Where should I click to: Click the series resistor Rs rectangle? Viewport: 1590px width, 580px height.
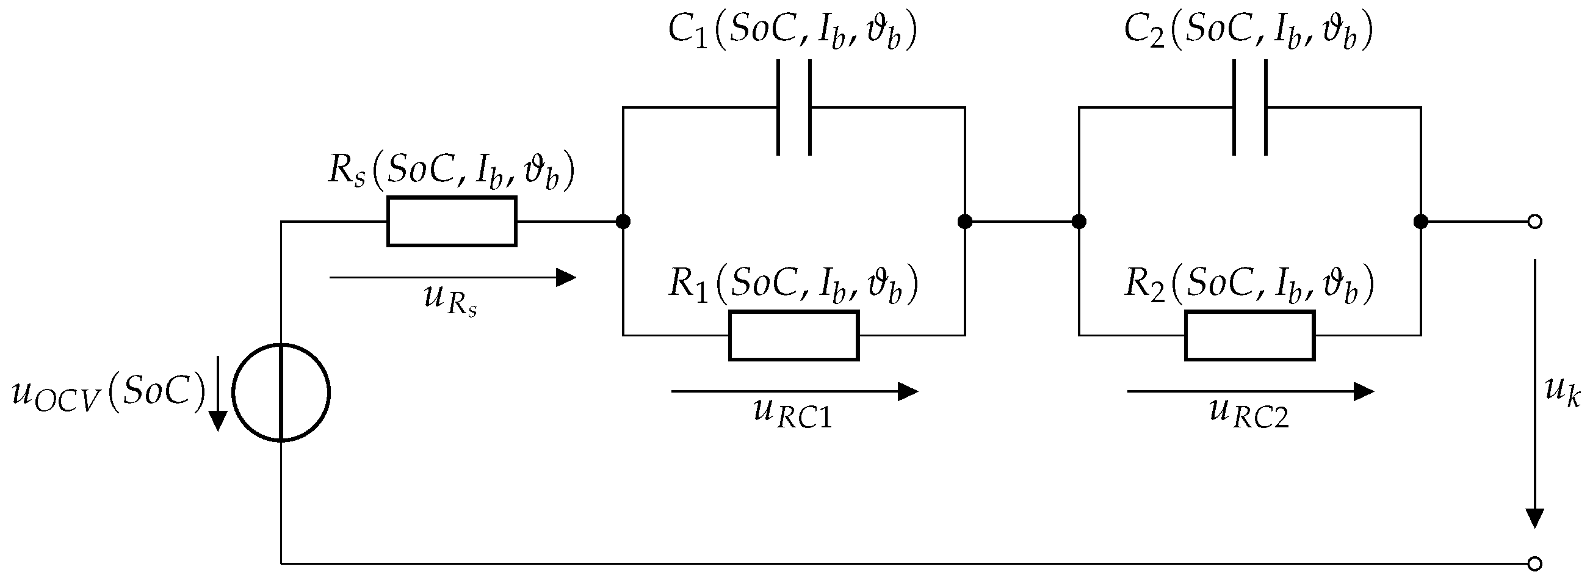[452, 222]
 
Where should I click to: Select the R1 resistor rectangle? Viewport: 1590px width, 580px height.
[793, 335]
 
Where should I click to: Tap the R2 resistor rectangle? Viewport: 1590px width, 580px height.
[1250, 335]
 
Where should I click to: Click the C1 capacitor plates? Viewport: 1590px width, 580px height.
[793, 107]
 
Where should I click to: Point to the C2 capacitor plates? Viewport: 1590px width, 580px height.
[1250, 107]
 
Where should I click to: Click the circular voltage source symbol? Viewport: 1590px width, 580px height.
[281, 393]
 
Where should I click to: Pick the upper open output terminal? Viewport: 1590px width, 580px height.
[1535, 222]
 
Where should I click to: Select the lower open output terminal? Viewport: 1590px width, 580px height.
[1535, 564]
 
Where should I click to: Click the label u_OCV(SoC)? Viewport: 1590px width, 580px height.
[108, 393]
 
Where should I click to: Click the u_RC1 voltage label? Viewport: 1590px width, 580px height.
[793, 413]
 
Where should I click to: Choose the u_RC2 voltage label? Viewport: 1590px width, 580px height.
[1249, 413]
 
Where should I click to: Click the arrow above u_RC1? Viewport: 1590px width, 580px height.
[794, 391]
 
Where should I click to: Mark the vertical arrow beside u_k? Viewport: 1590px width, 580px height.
[1535, 393]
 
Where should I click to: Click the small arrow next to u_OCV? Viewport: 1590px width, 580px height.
[217, 393]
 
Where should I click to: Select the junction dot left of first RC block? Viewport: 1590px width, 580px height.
[623, 222]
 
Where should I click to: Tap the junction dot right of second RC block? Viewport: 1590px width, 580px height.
[1421, 222]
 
